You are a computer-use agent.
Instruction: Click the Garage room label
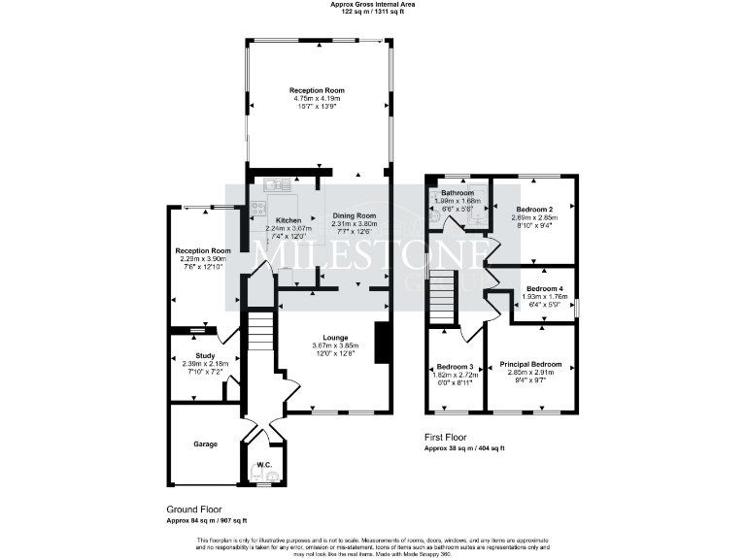(x=204, y=444)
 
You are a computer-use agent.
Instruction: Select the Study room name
(x=205, y=356)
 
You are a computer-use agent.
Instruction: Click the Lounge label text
(x=336, y=338)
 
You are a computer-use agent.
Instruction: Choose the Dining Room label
(x=355, y=215)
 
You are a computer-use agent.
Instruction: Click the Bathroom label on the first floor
(x=458, y=192)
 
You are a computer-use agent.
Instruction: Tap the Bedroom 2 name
(x=534, y=210)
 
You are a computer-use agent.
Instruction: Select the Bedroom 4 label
(x=545, y=288)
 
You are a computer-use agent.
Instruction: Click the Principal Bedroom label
(x=531, y=364)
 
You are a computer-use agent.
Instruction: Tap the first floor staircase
(x=443, y=290)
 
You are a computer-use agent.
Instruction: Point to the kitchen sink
(x=271, y=183)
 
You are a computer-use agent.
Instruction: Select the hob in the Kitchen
(x=258, y=208)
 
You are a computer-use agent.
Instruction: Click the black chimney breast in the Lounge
(x=383, y=344)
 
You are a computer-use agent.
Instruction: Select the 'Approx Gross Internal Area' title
(x=372, y=5)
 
